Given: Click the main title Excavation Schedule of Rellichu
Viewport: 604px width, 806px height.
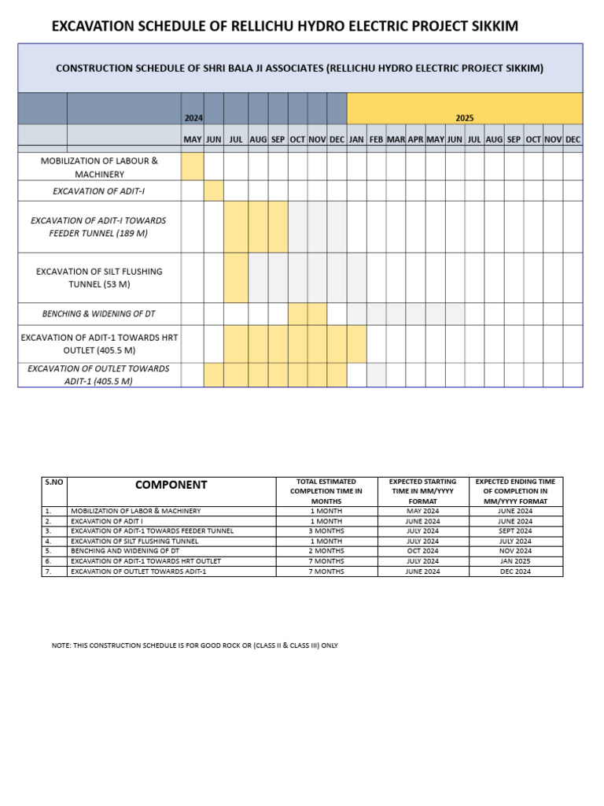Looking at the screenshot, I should point(285,27).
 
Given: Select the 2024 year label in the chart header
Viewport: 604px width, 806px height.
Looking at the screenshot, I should point(193,117).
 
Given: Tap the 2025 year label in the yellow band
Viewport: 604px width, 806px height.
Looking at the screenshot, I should point(464,117).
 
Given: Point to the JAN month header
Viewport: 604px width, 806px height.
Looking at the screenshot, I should point(356,139).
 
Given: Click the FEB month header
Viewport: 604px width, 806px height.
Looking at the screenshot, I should point(376,139).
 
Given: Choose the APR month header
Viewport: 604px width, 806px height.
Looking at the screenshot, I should point(415,139).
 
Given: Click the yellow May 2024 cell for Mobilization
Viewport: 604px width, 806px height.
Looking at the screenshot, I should point(193,166).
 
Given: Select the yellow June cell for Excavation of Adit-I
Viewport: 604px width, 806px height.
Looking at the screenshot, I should point(214,190).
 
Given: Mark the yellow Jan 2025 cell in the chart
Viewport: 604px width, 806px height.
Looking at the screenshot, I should point(356,344).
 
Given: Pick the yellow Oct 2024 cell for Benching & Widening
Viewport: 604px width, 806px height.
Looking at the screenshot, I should point(297,314).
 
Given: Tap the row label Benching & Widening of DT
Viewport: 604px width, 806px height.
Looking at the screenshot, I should point(99,314).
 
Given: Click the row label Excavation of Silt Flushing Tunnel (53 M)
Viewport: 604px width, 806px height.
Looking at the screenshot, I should point(99,277).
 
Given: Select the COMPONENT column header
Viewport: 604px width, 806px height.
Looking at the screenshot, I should point(171,485).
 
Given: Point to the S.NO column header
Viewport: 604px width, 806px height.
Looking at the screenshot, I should point(54,481).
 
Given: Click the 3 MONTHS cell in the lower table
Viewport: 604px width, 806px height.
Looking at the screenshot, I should point(326,531).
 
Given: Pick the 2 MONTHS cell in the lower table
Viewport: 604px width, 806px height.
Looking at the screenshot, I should point(326,551).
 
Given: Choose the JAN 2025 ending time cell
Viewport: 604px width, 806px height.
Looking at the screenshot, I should point(515,561).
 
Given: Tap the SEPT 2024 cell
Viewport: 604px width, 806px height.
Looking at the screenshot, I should point(515,531).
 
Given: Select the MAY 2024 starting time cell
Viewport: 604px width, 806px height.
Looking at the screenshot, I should point(422,511).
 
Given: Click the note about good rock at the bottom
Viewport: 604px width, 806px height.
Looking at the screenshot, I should point(194,645).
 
